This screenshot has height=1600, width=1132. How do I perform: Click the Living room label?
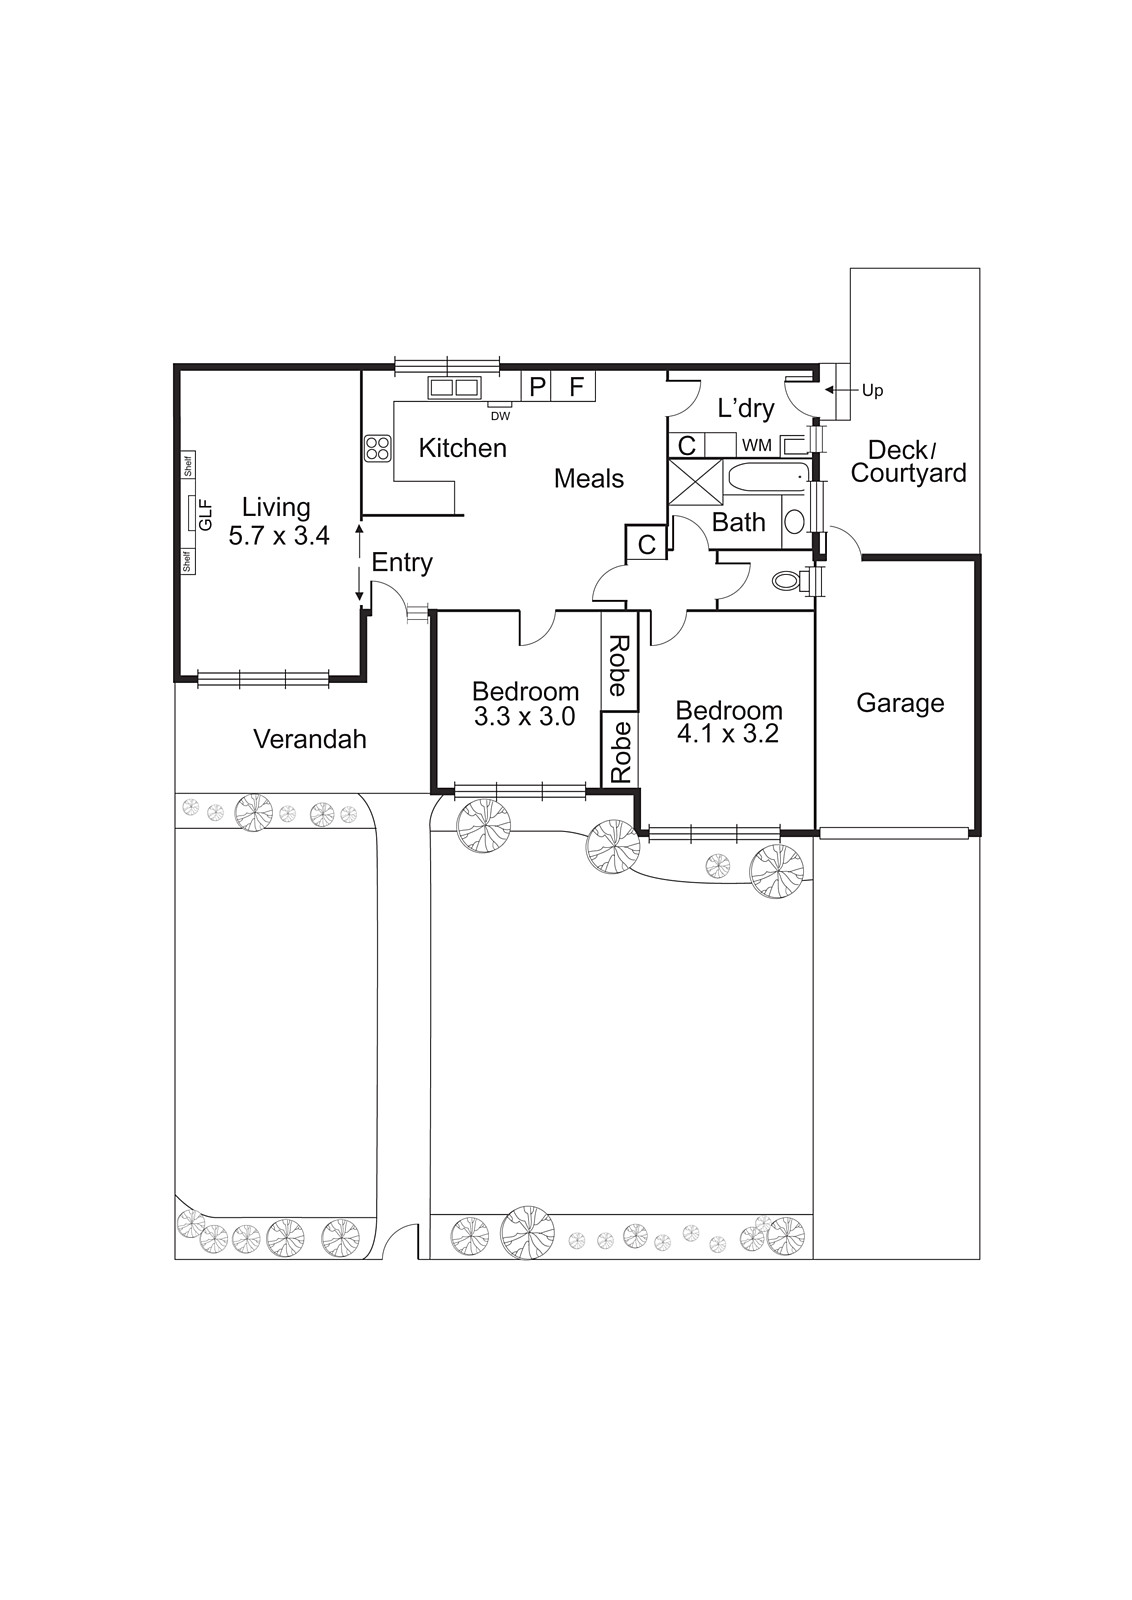[276, 507]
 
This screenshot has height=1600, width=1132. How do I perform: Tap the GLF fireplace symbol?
[190, 513]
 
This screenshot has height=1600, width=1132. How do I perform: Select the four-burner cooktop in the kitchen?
[377, 448]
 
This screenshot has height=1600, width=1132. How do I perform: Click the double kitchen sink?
[454, 386]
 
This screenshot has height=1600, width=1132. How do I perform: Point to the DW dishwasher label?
[500, 415]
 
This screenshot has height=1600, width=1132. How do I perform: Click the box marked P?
[537, 386]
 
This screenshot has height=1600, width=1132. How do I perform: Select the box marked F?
[576, 386]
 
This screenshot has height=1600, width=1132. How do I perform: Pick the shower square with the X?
[695, 478]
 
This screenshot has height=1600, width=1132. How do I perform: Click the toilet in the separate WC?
[791, 581]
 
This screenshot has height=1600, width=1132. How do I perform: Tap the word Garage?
[900, 703]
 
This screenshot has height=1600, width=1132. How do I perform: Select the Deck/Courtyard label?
[908, 462]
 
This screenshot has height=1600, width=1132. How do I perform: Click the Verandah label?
[309, 739]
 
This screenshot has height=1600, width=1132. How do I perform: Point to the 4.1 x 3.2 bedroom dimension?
[728, 733]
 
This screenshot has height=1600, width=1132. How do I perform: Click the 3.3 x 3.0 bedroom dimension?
[525, 716]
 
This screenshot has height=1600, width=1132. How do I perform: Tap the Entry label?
[402, 562]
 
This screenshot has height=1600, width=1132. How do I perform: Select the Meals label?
[589, 479]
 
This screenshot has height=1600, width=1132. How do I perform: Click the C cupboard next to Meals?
[646, 544]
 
